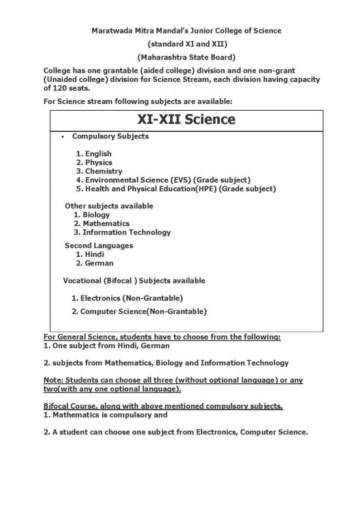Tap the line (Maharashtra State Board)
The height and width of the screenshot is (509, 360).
pyautogui.click(x=180, y=57)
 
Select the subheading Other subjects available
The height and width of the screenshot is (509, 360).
pyautogui.click(x=109, y=206)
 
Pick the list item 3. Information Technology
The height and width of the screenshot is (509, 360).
pyautogui.click(x=122, y=233)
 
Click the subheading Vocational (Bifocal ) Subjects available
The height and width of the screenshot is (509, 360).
pyautogui.click(x=134, y=280)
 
